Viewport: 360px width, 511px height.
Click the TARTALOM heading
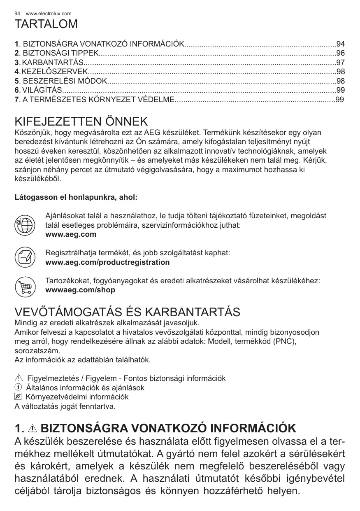click(x=46, y=24)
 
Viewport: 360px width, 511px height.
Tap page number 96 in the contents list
click(x=340, y=53)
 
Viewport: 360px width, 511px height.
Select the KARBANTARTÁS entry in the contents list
click(x=52, y=63)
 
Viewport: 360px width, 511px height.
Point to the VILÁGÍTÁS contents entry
click(x=42, y=90)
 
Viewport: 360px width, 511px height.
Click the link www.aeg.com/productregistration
click(x=107, y=262)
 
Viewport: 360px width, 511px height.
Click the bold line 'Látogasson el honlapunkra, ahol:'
click(x=76, y=197)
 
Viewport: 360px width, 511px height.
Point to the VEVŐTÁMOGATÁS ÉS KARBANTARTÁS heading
click(x=127, y=312)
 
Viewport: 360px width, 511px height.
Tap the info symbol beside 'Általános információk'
click(x=18, y=388)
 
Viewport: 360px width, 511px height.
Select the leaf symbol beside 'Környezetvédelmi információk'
click(x=18, y=397)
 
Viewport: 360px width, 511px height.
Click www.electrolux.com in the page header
click(x=49, y=14)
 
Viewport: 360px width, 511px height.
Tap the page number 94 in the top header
click(x=17, y=14)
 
